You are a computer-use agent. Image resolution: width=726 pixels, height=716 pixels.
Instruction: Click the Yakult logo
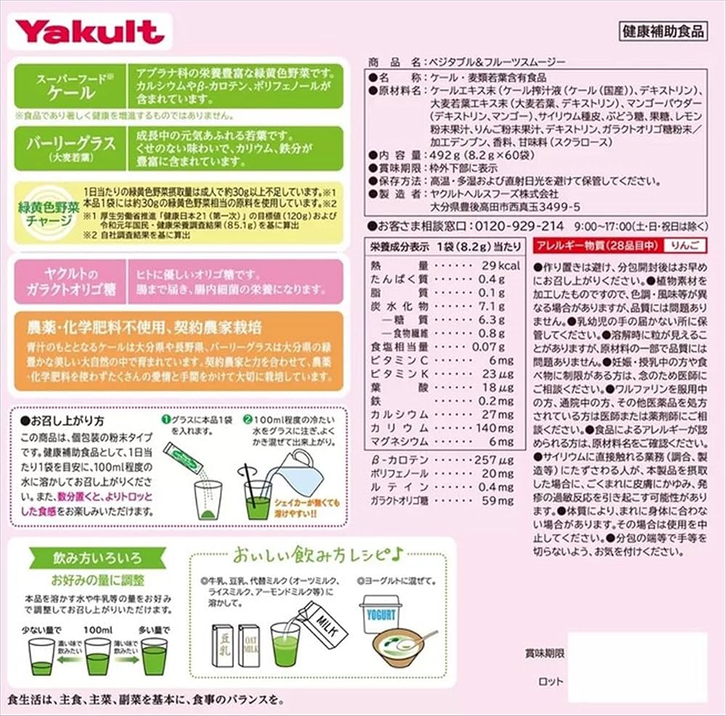[x=89, y=31]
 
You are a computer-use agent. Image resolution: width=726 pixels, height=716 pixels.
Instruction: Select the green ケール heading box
[x=66, y=86]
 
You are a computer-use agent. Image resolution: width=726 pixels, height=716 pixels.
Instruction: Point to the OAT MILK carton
[x=250, y=646]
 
